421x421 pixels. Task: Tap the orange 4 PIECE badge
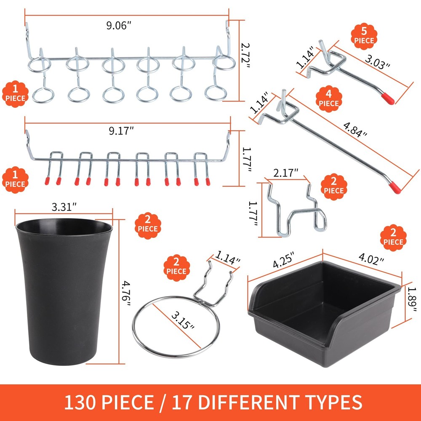tap(328, 99)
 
